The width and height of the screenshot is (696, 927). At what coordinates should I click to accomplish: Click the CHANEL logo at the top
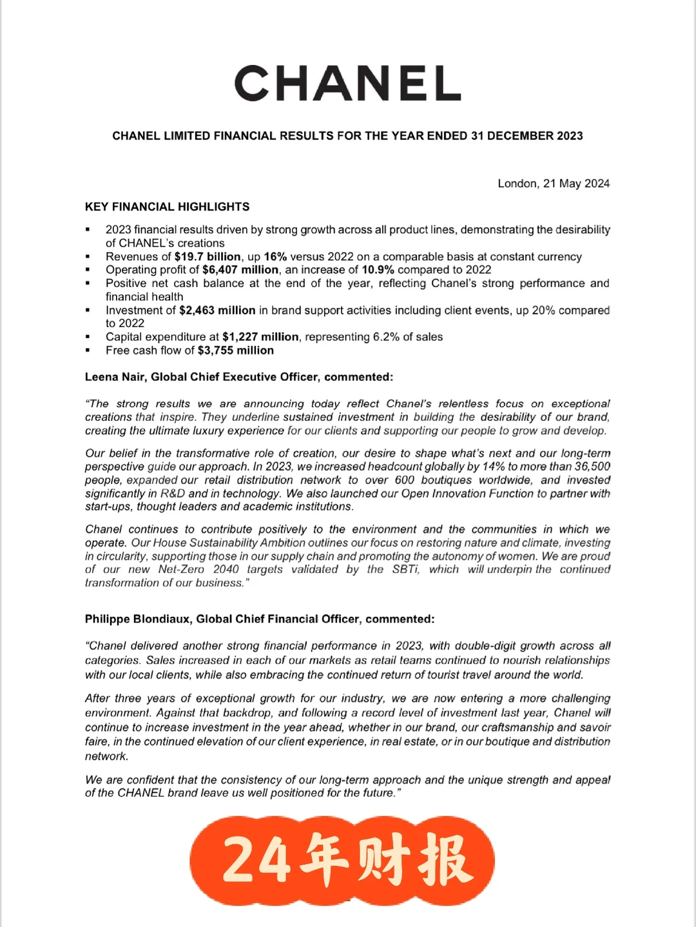[347, 83]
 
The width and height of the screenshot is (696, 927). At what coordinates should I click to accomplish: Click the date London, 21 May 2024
[553, 183]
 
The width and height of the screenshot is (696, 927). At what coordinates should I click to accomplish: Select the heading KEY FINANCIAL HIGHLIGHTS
[167, 207]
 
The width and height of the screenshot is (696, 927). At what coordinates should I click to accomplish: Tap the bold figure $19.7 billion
[208, 256]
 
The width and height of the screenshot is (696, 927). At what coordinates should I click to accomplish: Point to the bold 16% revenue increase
[275, 256]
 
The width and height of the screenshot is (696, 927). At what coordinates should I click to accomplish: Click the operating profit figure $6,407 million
[240, 270]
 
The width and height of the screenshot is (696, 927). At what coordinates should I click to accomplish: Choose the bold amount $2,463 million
[217, 310]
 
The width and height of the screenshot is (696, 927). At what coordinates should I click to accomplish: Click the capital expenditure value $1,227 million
[260, 337]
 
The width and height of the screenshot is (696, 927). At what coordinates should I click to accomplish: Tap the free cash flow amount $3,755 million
[236, 350]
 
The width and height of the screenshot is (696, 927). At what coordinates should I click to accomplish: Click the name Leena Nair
[115, 377]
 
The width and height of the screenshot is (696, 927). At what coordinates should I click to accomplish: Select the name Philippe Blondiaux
[137, 619]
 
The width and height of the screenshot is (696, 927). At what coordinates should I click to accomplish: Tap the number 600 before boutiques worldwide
[405, 480]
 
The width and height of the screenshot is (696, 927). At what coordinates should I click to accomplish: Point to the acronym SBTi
[405, 569]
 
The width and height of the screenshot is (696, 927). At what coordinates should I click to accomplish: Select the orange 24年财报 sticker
[342, 861]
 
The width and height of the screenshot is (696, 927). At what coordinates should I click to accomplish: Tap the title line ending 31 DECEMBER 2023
[347, 136]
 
